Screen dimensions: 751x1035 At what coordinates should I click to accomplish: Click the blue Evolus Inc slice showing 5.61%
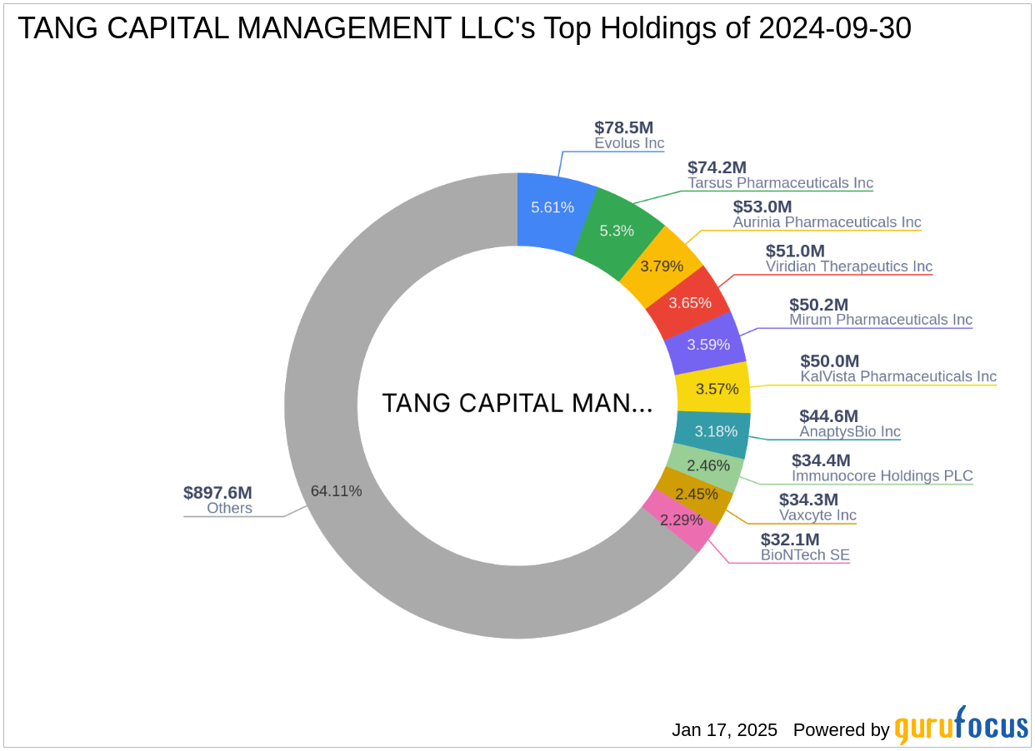[552, 207]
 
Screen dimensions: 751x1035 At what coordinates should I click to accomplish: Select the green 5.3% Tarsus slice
[617, 231]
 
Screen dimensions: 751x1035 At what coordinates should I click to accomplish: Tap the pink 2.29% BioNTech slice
[682, 520]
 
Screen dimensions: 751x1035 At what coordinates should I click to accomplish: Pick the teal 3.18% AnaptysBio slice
[711, 431]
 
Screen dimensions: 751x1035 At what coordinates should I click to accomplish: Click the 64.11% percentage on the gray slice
[336, 491]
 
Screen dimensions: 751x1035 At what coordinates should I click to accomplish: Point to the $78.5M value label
[623, 127]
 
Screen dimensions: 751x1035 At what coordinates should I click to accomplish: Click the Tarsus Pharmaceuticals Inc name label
[780, 183]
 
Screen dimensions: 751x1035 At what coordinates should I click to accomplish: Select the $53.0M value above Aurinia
[762, 206]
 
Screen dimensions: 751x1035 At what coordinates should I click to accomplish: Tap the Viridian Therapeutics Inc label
[848, 266]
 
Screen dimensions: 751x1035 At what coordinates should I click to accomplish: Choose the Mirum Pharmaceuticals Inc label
[880, 320]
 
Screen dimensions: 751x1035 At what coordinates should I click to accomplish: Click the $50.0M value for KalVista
[829, 361]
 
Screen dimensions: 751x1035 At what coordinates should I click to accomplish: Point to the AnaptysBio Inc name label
[849, 431]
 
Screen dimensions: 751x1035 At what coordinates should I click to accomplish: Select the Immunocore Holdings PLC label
[882, 476]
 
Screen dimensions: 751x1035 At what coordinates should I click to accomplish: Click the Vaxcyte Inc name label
[817, 515]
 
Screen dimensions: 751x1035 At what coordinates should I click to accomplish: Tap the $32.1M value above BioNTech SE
[790, 539]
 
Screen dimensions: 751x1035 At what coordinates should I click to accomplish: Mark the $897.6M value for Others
[217, 492]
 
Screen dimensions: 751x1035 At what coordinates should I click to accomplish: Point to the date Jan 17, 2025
[724, 730]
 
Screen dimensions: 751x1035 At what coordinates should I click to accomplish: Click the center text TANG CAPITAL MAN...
[517, 404]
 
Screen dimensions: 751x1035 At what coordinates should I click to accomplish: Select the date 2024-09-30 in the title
[835, 28]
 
